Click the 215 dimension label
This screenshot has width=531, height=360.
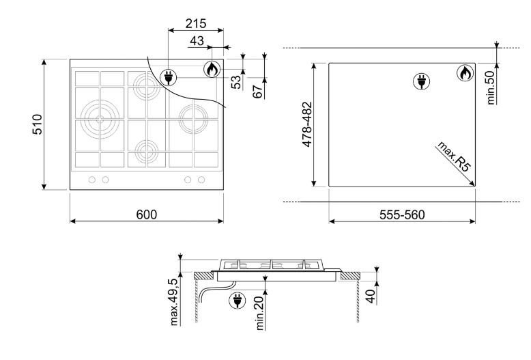196,23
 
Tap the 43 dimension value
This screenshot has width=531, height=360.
197,41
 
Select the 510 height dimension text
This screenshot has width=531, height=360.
38,124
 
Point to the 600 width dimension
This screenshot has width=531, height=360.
147,214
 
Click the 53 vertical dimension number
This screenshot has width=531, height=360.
236,82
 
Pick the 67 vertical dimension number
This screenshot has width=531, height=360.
257,92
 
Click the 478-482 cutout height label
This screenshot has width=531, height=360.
307,124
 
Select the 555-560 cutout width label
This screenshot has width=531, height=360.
402,214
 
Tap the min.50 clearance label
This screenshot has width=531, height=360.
490,87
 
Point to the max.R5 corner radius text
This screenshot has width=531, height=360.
454,156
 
